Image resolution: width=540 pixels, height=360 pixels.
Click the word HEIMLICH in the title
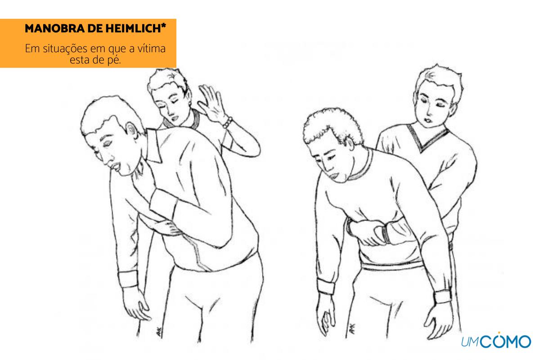pos(133,28)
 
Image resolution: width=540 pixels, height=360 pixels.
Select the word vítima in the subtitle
pos(151,49)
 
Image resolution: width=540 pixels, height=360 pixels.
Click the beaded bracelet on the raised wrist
pos(227,122)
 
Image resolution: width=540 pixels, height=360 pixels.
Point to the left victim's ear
pos(132,131)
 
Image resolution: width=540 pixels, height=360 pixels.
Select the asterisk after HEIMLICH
pos(163,26)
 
